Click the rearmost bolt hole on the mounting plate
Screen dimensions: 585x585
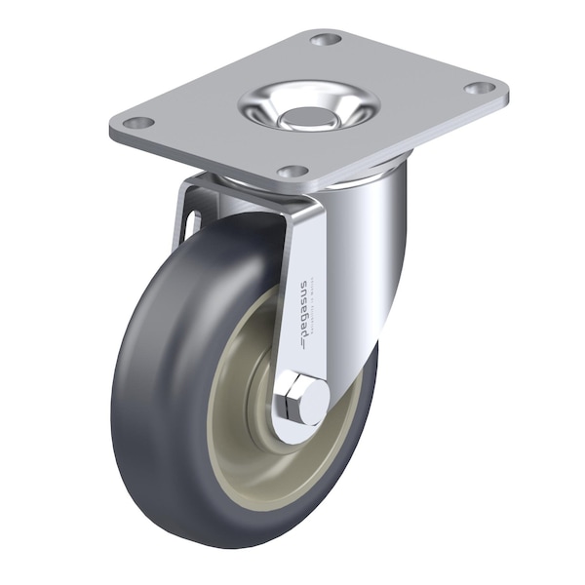326,39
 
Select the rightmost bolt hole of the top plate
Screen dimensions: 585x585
478,88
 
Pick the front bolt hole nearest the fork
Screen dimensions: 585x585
291,172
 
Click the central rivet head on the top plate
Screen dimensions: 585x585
305,116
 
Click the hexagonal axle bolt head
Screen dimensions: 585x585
306,400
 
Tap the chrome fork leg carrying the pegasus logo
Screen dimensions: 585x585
302,292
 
